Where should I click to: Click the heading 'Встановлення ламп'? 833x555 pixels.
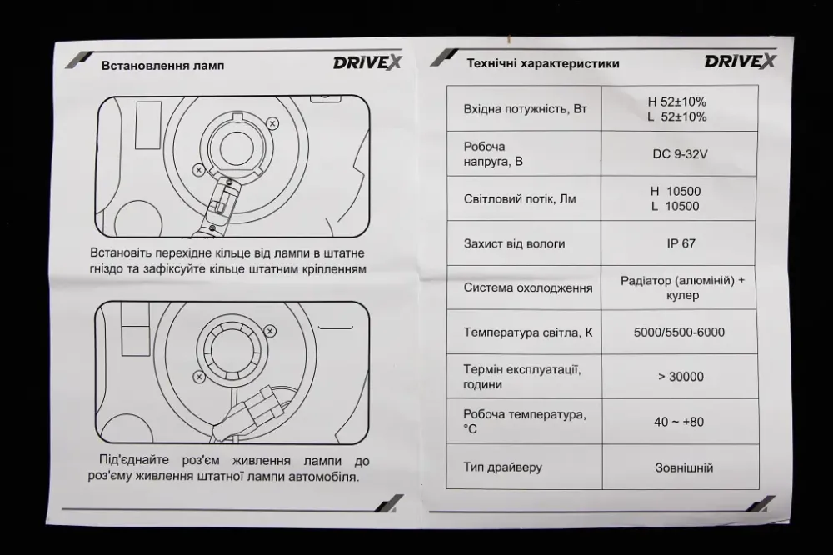pyautogui.click(x=162, y=66)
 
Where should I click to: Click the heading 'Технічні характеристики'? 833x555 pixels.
pyautogui.click(x=542, y=62)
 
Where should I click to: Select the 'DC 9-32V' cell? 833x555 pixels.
pyautogui.click(x=679, y=153)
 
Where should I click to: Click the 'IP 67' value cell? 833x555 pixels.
pyautogui.click(x=680, y=243)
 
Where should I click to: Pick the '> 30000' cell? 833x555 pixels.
pyautogui.click(x=680, y=377)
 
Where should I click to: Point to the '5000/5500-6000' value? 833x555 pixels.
pyautogui.click(x=679, y=332)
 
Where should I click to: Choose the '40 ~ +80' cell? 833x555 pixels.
pyautogui.click(x=678, y=422)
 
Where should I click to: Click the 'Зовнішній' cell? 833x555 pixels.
pyautogui.click(x=679, y=468)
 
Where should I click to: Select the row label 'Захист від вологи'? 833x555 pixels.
pyautogui.click(x=514, y=243)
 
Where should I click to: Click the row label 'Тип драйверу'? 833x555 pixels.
pyautogui.click(x=503, y=467)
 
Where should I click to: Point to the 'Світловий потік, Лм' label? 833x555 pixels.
pyautogui.click(x=519, y=199)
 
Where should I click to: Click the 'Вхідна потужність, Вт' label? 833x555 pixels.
pyautogui.click(x=524, y=108)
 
